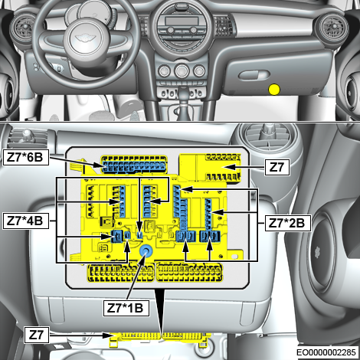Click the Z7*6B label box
pos(25,157)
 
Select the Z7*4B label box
pos(25,221)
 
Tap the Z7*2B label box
pos(288,224)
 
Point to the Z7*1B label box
pos(126,308)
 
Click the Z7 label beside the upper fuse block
pos(277,168)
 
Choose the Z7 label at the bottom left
pos(37,335)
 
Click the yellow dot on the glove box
pos(274,90)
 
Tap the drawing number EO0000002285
pos(326,352)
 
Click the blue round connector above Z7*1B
pos(146,251)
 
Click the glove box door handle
pos(254,75)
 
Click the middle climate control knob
pos(182,70)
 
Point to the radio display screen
pos(182,21)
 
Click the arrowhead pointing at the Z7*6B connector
pos(100,165)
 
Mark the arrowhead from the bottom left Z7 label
pos(108,335)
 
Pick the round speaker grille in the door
pos(319,251)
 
